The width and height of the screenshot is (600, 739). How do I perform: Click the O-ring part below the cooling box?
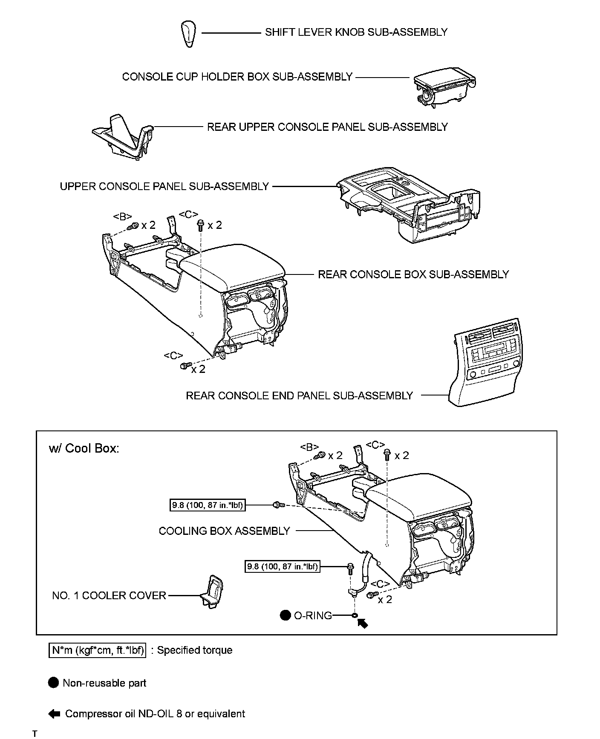[x=355, y=615]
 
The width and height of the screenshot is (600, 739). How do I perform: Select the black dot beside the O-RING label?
[x=285, y=615]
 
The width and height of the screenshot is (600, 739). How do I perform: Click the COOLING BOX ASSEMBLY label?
[x=224, y=531]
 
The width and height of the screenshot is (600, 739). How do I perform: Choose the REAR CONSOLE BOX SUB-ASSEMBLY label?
[x=413, y=274]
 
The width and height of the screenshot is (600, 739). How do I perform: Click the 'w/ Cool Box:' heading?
[x=84, y=449]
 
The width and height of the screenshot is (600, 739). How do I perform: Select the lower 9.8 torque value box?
[x=283, y=567]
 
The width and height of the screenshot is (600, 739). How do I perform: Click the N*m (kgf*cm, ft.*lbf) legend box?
[x=98, y=650]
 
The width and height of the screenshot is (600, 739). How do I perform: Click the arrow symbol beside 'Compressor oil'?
[x=54, y=714]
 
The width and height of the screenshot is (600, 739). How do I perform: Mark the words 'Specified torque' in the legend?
[x=195, y=650]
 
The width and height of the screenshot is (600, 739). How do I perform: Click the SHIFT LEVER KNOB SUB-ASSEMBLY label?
[x=356, y=32]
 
